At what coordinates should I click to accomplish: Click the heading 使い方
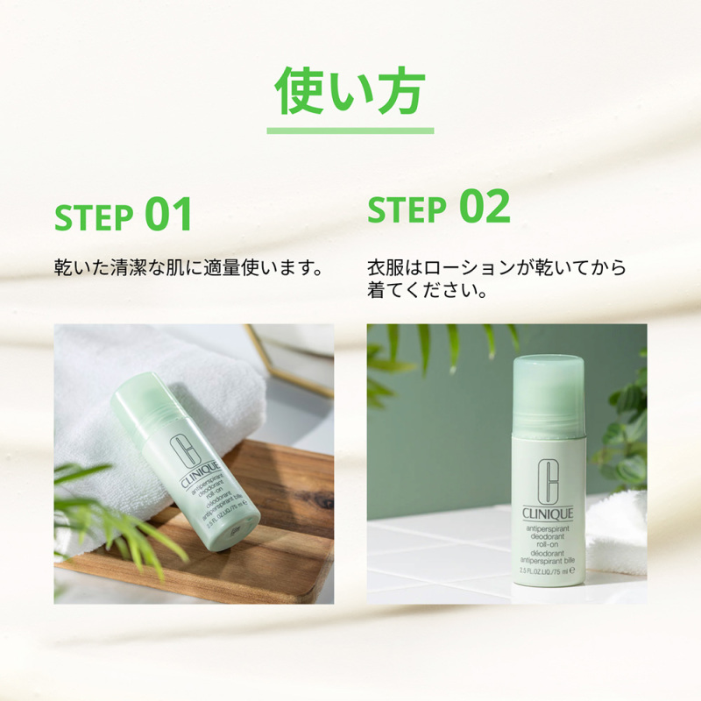click(x=350, y=89)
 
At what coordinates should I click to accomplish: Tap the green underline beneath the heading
click(x=350, y=131)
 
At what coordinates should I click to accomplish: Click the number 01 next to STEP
click(x=168, y=215)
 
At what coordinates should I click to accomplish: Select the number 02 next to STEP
click(x=485, y=207)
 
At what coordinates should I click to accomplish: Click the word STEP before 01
click(x=94, y=217)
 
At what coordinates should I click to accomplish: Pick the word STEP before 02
click(x=407, y=210)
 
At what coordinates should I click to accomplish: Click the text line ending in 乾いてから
click(x=497, y=266)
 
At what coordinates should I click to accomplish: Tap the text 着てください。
click(x=428, y=290)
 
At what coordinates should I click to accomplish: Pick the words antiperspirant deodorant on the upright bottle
click(x=549, y=533)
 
